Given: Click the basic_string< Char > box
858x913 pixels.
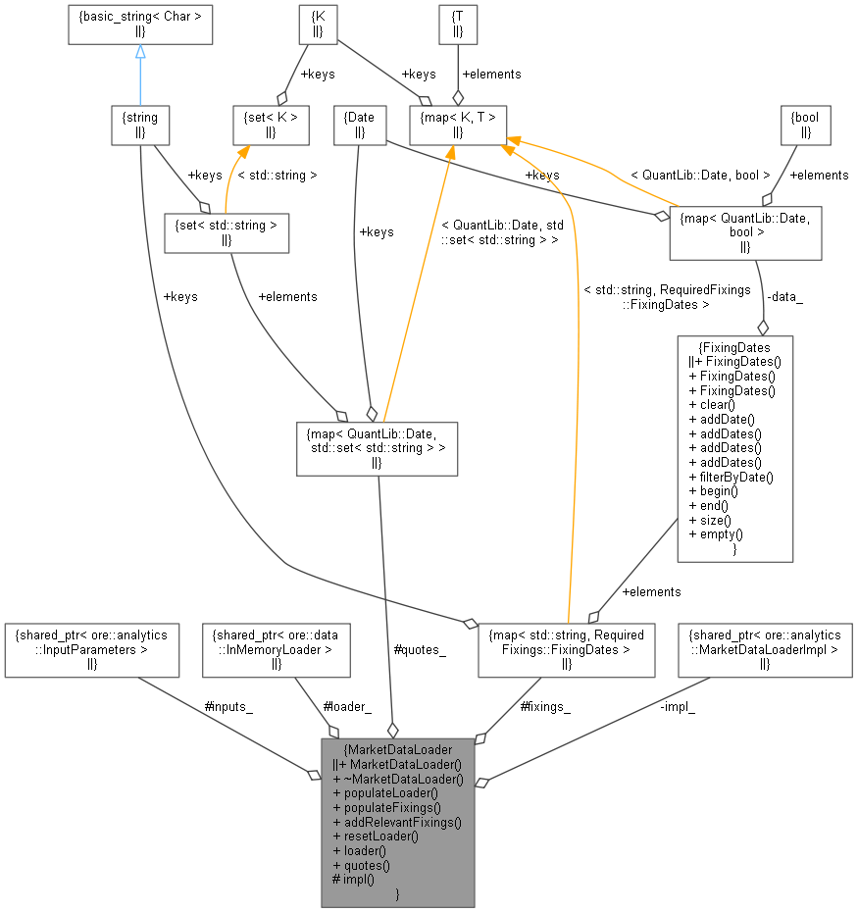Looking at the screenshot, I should pyautogui.click(x=140, y=25).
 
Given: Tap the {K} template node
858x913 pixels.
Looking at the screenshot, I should pyautogui.click(x=318, y=25).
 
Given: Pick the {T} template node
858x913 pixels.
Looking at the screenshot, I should pyautogui.click(x=457, y=25).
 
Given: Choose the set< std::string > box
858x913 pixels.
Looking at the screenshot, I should pyautogui.click(x=227, y=232).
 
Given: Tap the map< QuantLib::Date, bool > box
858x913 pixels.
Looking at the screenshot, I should pyautogui.click(x=744, y=232).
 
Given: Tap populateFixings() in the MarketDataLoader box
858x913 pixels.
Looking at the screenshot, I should pyautogui.click(x=387, y=806).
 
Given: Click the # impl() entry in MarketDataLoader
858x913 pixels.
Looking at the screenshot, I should pyautogui.click(x=354, y=880).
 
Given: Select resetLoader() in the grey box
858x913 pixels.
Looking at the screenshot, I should pyautogui.click(x=377, y=836).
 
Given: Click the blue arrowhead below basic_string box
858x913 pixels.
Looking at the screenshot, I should pyautogui.click(x=140, y=52).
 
